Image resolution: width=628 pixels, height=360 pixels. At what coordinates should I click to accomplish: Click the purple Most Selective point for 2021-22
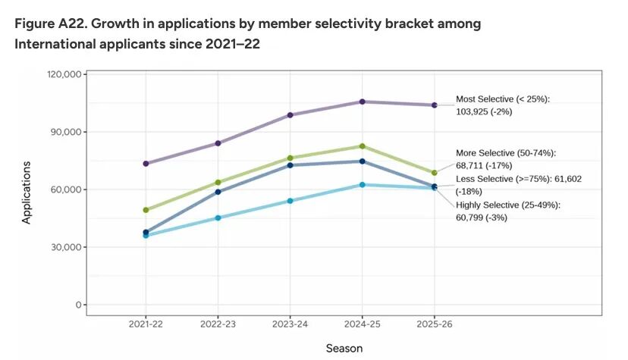click(146, 164)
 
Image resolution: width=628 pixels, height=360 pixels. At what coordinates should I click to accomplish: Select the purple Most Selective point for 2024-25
click(363, 102)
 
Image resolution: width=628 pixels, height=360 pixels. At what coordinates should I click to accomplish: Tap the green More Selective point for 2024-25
click(363, 146)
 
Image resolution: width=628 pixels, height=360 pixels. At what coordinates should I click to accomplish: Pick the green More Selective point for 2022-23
click(218, 183)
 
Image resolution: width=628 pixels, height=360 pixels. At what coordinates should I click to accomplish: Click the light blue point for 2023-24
click(290, 201)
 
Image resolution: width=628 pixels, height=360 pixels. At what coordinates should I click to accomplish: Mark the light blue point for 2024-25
click(363, 185)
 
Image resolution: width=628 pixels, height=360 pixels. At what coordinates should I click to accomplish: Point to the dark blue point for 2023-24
click(290, 165)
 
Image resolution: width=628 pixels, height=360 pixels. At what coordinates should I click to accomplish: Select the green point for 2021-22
click(146, 210)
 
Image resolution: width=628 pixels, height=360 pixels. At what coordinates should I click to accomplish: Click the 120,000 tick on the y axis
click(64, 74)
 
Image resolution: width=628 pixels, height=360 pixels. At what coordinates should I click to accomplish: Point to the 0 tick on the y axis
click(77, 305)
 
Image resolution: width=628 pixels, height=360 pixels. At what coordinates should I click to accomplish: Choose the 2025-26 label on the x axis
click(435, 324)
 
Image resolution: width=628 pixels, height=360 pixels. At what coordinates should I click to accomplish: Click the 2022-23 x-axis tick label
click(218, 324)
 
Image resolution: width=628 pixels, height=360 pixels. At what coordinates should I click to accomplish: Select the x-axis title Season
click(344, 349)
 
